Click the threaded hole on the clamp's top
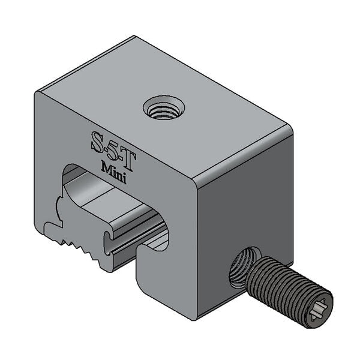click(164, 109)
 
